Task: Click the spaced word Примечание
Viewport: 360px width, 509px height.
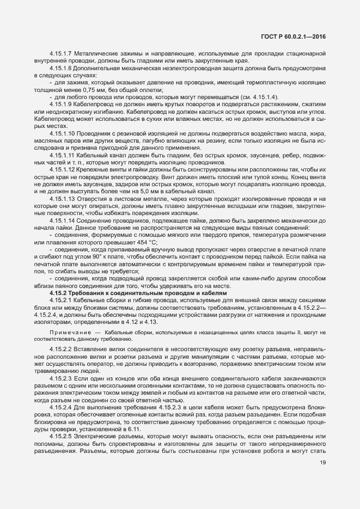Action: click(x=69, y=332)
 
